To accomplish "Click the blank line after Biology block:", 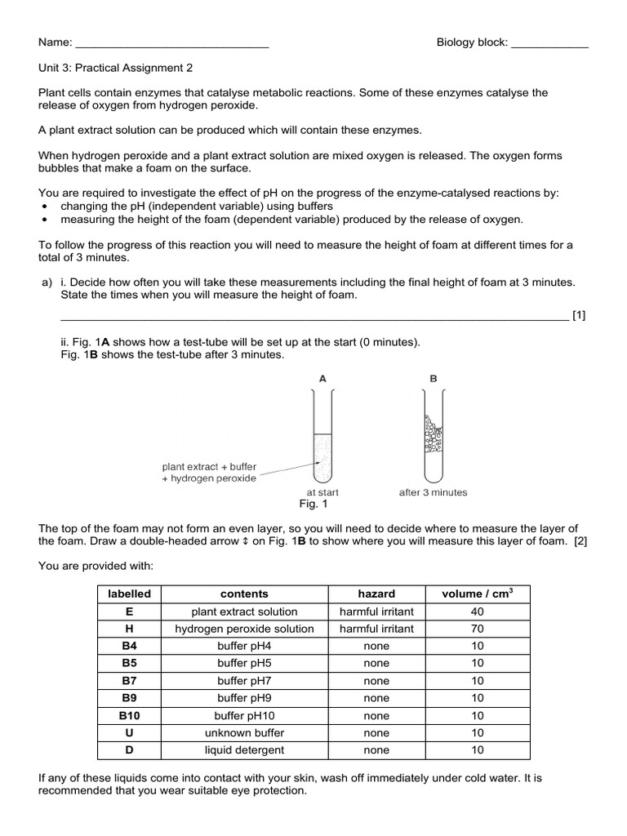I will (549, 43).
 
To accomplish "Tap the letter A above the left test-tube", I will (322, 379).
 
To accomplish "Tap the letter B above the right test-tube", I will (434, 379).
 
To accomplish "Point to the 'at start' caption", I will (322, 492).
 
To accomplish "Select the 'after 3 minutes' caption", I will (433, 492).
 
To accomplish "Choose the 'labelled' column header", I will (129, 594).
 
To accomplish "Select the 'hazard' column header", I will (376, 594).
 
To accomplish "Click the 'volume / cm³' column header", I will (477, 594).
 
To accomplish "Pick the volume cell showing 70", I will (478, 629).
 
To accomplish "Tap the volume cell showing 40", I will (478, 611).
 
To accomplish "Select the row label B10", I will (129, 715).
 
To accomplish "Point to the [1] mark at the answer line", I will (579, 314).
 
